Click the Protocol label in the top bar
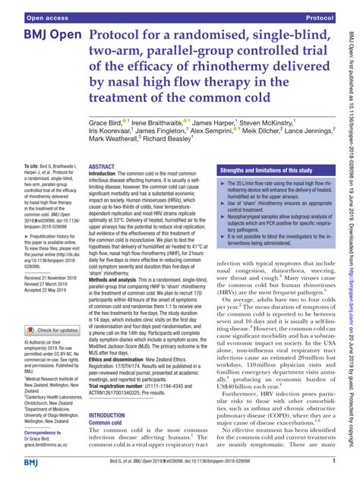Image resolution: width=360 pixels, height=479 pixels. (x=321, y=15)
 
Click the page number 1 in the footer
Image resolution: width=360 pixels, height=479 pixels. (x=334, y=461)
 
